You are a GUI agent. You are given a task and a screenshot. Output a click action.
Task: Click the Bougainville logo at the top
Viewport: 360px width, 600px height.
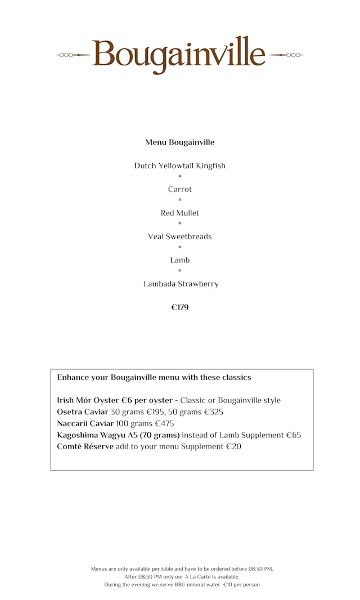pyautogui.click(x=179, y=55)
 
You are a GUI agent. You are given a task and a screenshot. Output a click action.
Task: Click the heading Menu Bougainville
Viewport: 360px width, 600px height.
pyautogui.click(x=179, y=142)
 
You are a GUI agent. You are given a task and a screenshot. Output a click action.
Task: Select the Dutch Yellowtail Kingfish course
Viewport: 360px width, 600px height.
pyautogui.click(x=179, y=166)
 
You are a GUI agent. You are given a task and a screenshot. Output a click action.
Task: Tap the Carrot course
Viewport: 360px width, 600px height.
pyautogui.click(x=179, y=190)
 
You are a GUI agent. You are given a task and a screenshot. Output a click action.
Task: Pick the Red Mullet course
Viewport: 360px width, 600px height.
pyautogui.click(x=179, y=213)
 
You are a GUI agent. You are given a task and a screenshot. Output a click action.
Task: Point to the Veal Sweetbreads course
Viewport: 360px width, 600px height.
pyautogui.click(x=179, y=237)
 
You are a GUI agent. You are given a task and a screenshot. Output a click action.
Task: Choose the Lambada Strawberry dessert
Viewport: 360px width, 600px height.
pyautogui.click(x=181, y=284)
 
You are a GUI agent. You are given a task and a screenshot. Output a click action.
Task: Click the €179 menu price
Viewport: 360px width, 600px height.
pyautogui.click(x=179, y=308)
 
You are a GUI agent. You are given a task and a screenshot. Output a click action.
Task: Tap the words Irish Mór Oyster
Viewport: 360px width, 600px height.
pyautogui.click(x=88, y=401)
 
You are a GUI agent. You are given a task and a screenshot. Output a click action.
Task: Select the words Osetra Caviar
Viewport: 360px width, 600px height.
pyautogui.click(x=82, y=412)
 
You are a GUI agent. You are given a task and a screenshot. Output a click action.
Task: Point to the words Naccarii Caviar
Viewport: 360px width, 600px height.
pyautogui.click(x=85, y=424)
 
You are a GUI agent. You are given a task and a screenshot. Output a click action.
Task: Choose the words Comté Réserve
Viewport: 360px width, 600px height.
pyautogui.click(x=85, y=447)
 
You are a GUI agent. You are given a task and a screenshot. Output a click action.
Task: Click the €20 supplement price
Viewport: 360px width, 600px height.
pyautogui.click(x=233, y=447)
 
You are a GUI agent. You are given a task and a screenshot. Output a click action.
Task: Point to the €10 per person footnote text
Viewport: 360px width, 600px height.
pyautogui.click(x=241, y=585)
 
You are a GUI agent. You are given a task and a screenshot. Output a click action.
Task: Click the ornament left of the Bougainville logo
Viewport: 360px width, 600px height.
pyautogui.click(x=73, y=55)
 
